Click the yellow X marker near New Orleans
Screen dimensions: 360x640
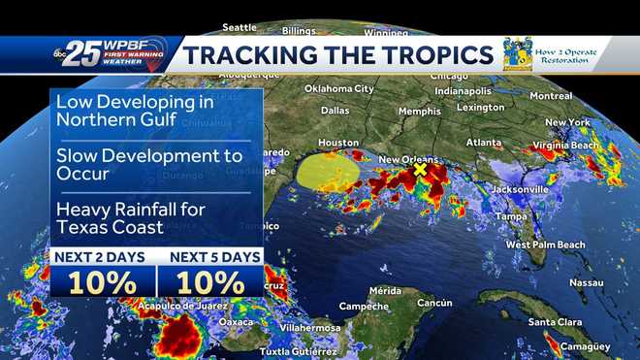pyautogui.click(x=420, y=169)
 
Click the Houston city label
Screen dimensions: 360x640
pyautogui.click(x=338, y=142)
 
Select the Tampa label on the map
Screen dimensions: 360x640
pyautogui.click(x=510, y=216)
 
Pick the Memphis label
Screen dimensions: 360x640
pyautogui.click(x=419, y=111)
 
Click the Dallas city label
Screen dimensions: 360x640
pyautogui.click(x=335, y=111)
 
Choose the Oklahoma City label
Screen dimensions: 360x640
pyautogui.click(x=339, y=88)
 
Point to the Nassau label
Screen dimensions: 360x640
pyautogui.click(x=586, y=282)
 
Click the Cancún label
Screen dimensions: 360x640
pyautogui.click(x=434, y=303)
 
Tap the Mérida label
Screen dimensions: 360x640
pyautogui.click(x=385, y=290)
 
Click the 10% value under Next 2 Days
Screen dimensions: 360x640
pyautogui.click(x=102, y=282)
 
